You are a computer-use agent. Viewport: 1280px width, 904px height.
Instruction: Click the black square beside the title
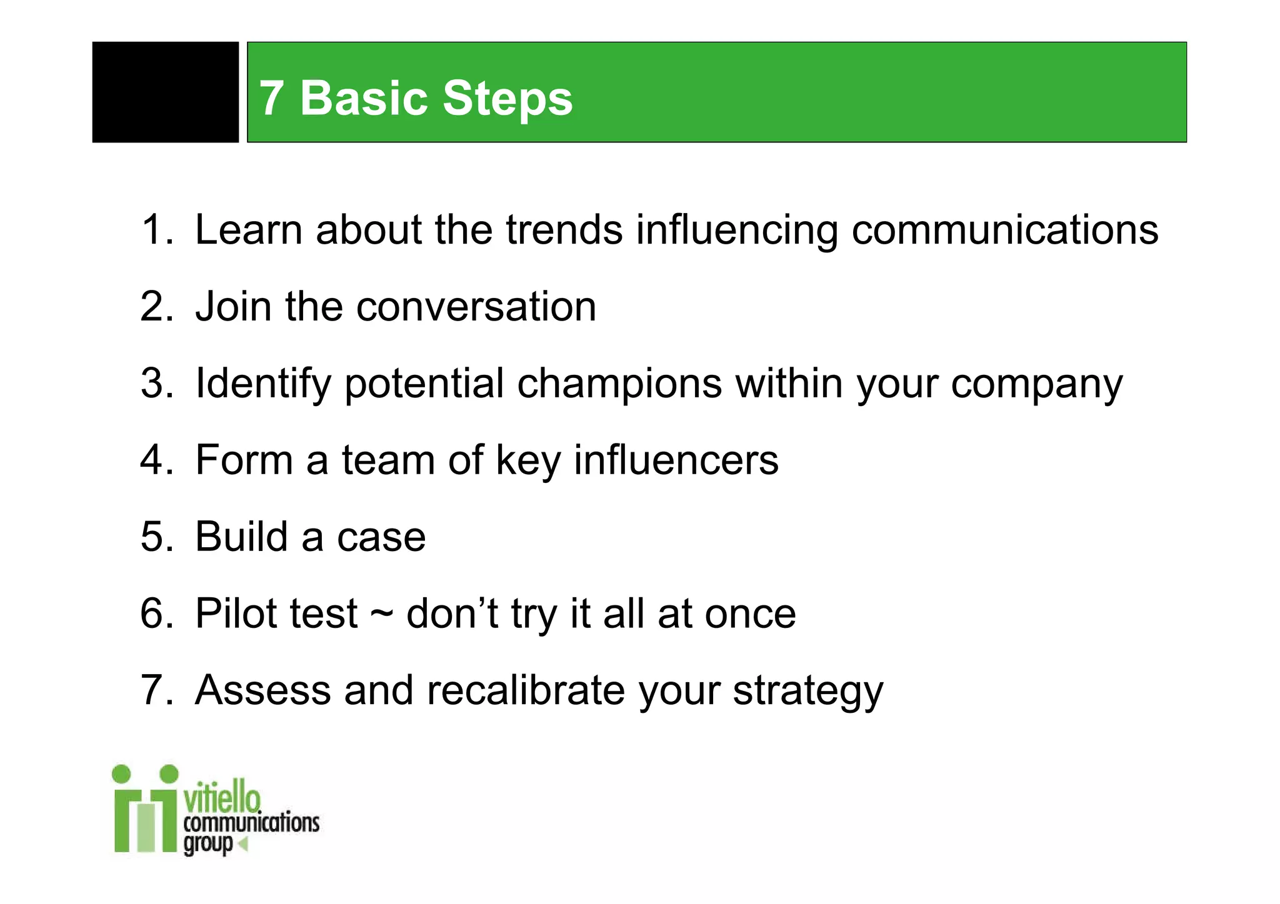(x=165, y=92)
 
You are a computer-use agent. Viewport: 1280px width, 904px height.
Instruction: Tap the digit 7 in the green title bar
(x=271, y=99)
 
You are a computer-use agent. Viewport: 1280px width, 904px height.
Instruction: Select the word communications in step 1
(x=1004, y=230)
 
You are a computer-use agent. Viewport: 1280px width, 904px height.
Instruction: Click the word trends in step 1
(x=564, y=230)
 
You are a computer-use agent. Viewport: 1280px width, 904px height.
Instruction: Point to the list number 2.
(x=152, y=307)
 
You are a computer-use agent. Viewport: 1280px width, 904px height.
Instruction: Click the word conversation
(x=476, y=307)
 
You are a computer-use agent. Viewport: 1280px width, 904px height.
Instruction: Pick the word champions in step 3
(x=619, y=384)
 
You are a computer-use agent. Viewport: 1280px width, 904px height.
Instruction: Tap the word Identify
(x=262, y=384)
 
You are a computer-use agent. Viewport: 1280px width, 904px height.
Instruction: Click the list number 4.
(x=152, y=460)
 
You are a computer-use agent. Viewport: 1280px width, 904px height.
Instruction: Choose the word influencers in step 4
(x=676, y=460)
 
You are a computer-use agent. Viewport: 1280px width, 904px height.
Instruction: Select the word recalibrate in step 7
(x=526, y=690)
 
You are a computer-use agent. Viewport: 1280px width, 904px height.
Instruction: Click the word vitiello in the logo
(x=222, y=797)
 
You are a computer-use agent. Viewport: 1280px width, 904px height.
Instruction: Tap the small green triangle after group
(x=244, y=844)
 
